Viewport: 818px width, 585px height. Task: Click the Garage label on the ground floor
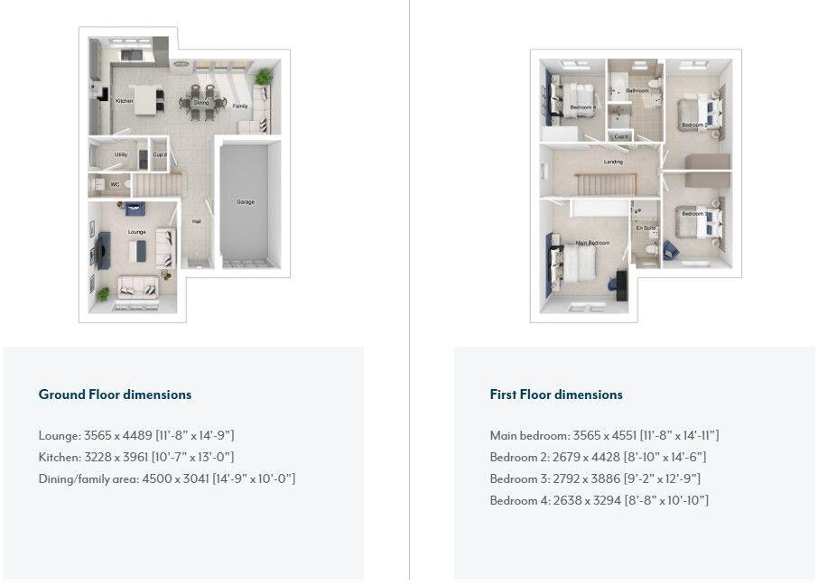point(245,202)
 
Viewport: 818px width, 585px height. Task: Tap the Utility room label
point(120,154)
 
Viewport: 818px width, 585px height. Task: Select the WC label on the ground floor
point(115,185)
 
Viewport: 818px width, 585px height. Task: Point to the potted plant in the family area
point(263,77)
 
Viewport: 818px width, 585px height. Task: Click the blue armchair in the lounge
point(135,209)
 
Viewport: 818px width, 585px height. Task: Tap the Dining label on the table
point(201,103)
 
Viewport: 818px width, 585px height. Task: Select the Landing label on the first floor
point(613,162)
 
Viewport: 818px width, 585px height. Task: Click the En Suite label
point(645,228)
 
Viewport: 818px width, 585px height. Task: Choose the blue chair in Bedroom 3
point(670,249)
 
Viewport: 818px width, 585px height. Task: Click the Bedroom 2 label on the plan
point(693,125)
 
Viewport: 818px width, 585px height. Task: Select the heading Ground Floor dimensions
point(115,395)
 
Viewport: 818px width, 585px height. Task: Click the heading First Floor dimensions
point(556,395)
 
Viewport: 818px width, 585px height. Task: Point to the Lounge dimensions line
point(136,435)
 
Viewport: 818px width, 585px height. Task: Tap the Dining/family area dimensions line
point(167,478)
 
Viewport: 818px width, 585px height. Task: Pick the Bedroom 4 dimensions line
point(599,500)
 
